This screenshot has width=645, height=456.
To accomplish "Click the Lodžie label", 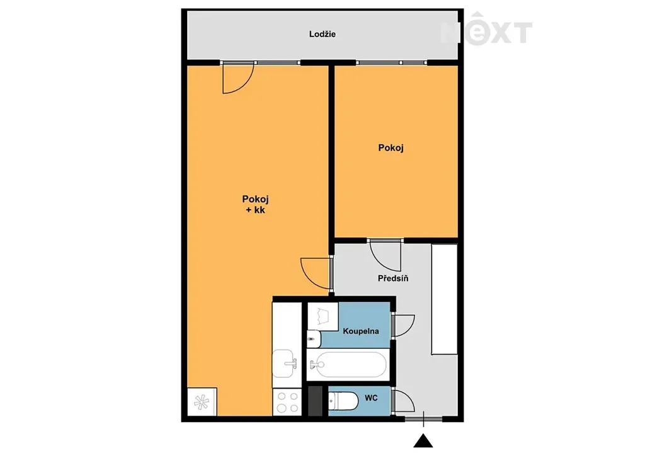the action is (322, 34).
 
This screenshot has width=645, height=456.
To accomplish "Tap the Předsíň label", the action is (393, 278).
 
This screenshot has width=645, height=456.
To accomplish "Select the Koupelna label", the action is (361, 331).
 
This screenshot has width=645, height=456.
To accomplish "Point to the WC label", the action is (371, 398).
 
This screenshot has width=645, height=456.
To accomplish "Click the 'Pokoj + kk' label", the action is (255, 204).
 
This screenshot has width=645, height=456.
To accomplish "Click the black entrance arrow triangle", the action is (423, 440).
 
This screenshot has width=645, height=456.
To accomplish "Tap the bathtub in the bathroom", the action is (348, 364).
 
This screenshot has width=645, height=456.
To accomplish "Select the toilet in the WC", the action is (343, 401).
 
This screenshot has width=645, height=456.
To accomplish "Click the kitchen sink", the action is (284, 363).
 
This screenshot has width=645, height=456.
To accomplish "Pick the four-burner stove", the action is (287, 402).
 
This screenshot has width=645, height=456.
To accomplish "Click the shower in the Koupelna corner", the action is (323, 316).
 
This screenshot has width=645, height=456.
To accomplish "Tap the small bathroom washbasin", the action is (314, 339).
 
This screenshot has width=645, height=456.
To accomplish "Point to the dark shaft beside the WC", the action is (316, 401).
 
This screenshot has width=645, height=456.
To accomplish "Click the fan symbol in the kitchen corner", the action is (202, 402).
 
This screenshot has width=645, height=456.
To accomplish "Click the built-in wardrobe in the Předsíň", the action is (444, 299).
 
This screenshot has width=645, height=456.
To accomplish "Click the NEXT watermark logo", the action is (486, 29).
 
